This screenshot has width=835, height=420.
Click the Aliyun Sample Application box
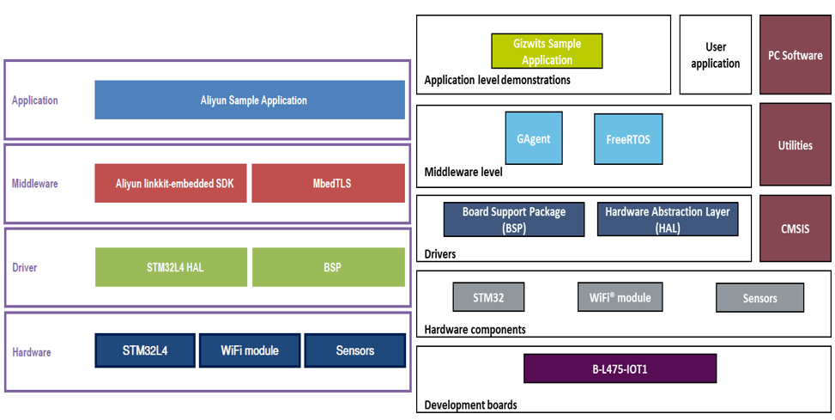[x=250, y=100]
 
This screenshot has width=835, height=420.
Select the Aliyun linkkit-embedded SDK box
[x=171, y=183]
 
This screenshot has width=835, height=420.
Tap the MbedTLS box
[x=329, y=183]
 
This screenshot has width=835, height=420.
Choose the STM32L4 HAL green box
[x=171, y=267]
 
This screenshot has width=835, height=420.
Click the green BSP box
[x=329, y=267]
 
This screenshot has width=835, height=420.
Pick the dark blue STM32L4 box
[x=145, y=350]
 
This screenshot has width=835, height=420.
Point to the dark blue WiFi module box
[x=250, y=350]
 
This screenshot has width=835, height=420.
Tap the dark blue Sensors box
[x=355, y=350]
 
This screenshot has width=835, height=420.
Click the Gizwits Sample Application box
[x=547, y=52]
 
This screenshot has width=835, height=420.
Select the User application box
[x=715, y=54]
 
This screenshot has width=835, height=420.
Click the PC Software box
[x=795, y=54]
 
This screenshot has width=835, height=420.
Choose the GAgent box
[x=534, y=137]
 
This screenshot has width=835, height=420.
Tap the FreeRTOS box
[x=628, y=138]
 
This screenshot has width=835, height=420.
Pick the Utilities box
[x=795, y=145]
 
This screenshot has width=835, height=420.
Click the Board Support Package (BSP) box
[x=514, y=219]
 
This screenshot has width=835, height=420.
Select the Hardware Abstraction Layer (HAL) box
[x=668, y=219]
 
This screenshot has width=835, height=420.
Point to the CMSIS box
[x=795, y=228]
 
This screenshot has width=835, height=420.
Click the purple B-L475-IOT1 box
[x=620, y=368]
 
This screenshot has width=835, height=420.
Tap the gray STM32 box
[x=488, y=297]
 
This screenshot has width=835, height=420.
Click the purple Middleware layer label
[x=34, y=183]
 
